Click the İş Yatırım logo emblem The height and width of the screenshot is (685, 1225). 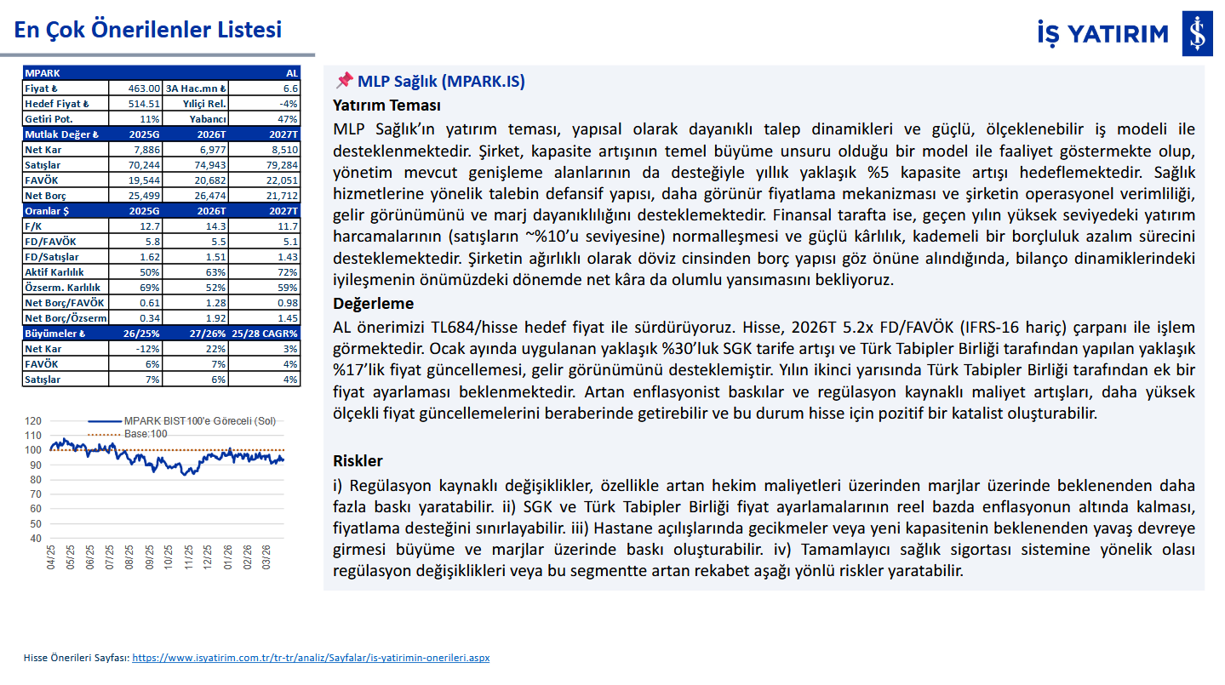tap(1197, 34)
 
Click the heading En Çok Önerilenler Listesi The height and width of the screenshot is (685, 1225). tap(147, 30)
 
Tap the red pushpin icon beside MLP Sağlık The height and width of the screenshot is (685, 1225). tap(344, 81)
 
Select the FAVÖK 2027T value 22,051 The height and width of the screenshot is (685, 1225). tap(282, 181)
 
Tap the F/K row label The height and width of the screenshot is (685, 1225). tap(35, 226)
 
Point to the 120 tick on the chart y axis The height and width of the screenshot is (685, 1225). tap(33, 420)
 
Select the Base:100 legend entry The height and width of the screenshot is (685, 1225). tap(149, 434)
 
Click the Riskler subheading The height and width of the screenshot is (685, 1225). tap(358, 461)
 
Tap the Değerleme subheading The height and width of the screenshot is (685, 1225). tap(373, 304)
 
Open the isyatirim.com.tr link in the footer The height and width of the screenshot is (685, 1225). tap(311, 658)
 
